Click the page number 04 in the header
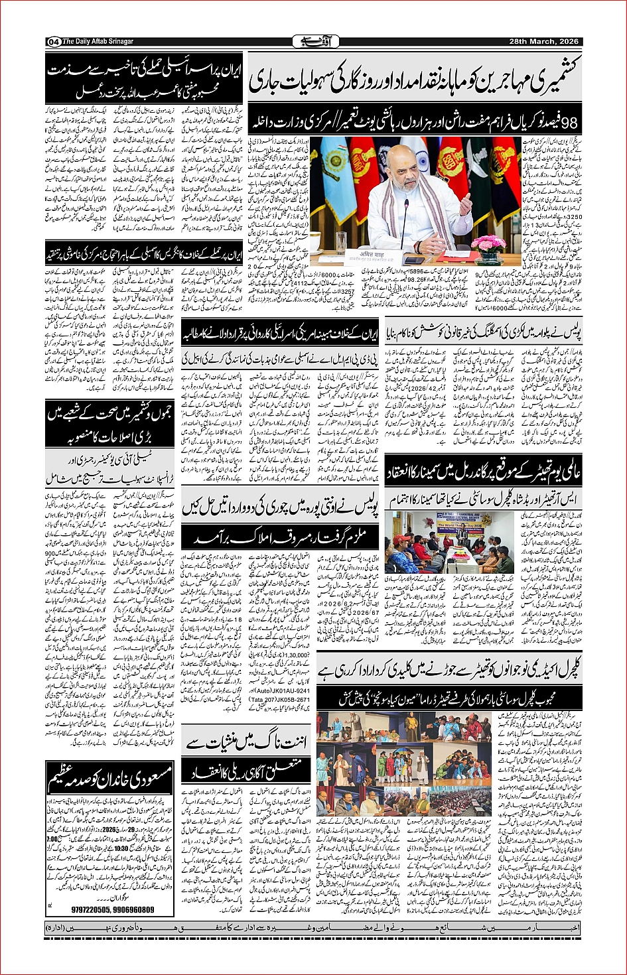pos(54,42)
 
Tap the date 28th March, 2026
pos(543,42)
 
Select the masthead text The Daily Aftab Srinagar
pos(98,42)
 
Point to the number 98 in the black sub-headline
pos(570,123)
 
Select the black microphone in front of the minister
pos(405,226)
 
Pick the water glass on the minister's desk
pos(341,243)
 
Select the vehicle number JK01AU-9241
pos(291,690)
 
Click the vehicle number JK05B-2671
pos(291,700)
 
